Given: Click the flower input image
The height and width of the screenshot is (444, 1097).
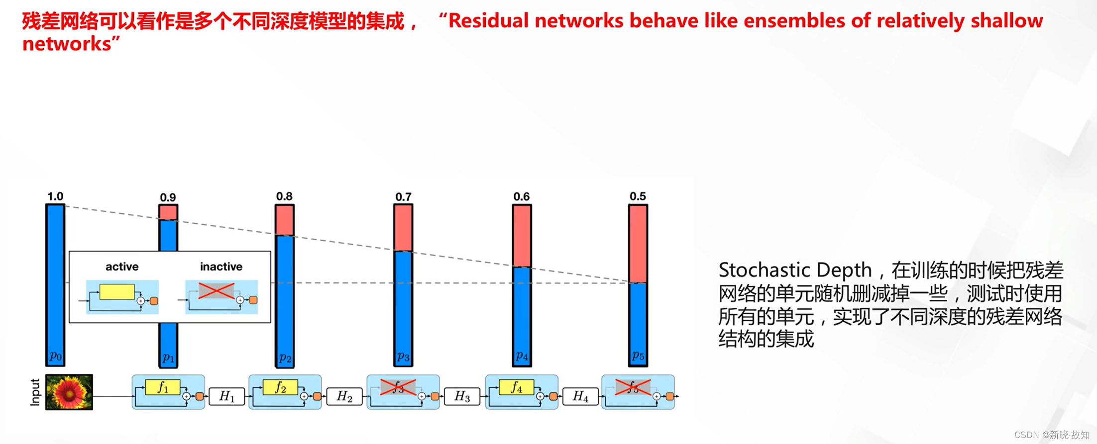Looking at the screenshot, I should pyautogui.click(x=69, y=392).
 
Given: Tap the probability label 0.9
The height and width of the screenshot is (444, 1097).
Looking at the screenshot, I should pyautogui.click(x=168, y=197).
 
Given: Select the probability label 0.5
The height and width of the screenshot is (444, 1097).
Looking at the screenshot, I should pyautogui.click(x=638, y=196).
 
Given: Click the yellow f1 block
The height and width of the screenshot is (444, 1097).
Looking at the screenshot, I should pyautogui.click(x=163, y=387).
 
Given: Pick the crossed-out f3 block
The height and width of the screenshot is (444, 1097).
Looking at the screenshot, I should pyautogui.click(x=398, y=387).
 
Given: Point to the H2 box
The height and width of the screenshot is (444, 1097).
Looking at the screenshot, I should pyautogui.click(x=344, y=396).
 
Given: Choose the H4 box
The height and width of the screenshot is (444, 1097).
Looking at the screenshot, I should pyautogui.click(x=580, y=396).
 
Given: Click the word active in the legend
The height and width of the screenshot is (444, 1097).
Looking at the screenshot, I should pyautogui.click(x=122, y=266).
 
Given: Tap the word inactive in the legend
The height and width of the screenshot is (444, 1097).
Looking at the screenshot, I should pyautogui.click(x=221, y=266).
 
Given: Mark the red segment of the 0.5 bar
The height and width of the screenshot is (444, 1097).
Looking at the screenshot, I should pyautogui.click(x=638, y=244).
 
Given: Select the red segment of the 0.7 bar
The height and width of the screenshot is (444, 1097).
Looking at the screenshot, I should pyautogui.click(x=403, y=228).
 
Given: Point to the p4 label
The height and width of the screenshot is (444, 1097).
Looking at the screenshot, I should pyautogui.click(x=522, y=355).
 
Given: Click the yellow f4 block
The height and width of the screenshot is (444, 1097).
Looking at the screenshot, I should pyautogui.click(x=517, y=387).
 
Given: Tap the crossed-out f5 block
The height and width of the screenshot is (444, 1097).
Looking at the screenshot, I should pyautogui.click(x=633, y=387).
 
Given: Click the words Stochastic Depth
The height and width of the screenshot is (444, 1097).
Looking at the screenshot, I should pyautogui.click(x=795, y=270).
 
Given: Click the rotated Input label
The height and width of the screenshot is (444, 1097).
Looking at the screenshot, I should pyautogui.click(x=35, y=392).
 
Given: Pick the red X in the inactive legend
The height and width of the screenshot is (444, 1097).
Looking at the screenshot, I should pyautogui.click(x=217, y=291).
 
